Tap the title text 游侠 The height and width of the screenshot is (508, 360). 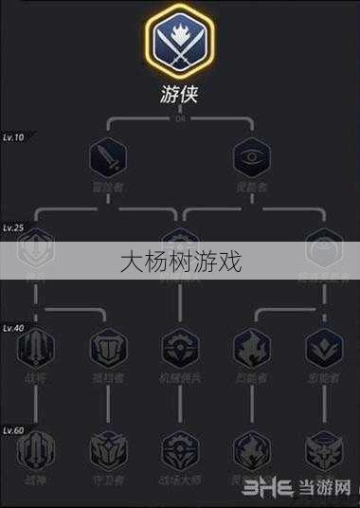[180, 96]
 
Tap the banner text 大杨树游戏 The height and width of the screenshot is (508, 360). [180, 261]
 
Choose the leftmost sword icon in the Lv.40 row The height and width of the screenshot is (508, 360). [36, 347]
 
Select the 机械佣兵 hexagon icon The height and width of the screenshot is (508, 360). [179, 347]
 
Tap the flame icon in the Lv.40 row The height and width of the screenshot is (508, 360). [252, 347]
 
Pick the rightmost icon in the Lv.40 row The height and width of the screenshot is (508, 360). [323, 347]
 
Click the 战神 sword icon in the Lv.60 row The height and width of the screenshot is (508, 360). [36, 451]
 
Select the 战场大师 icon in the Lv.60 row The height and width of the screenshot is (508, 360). [179, 451]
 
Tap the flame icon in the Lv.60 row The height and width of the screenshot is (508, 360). [252, 451]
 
